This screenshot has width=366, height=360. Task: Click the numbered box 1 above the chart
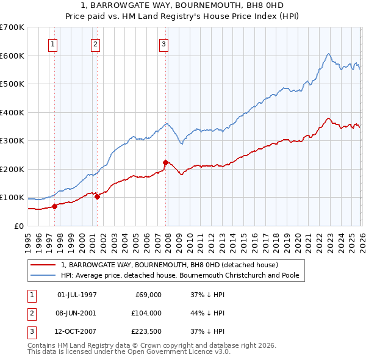[54, 43]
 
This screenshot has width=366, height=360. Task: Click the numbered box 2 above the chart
[96, 43]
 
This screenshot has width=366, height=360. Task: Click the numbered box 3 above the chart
[164, 43]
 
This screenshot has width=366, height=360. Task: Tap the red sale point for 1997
[54, 206]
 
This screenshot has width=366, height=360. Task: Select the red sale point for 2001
[97, 196]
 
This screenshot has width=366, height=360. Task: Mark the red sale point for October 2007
[165, 162]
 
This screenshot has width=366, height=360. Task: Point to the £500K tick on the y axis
[12, 84]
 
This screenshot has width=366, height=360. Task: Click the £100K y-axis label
[12, 198]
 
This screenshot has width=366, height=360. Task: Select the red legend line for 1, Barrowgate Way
[44, 265]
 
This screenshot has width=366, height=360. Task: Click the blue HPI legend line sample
[44, 276]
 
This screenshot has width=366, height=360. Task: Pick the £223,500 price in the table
[146, 331]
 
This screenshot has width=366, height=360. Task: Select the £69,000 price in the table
[147, 295]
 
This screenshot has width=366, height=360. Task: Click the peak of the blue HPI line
[328, 54]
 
